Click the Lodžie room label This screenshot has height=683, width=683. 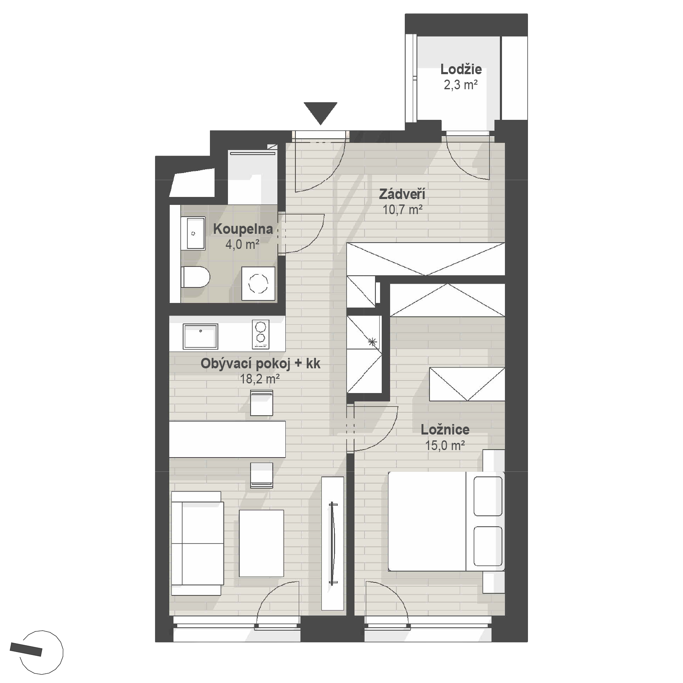point(461,69)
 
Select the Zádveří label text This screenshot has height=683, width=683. point(402,194)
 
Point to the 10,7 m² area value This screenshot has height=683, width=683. point(402,210)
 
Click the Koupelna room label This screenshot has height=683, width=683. point(243,229)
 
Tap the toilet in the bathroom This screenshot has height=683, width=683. point(195,277)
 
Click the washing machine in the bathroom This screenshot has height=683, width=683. point(259,284)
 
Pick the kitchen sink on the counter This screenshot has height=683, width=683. point(200,336)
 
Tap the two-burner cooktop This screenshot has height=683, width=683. point(261,334)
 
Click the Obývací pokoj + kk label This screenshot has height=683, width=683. point(260,364)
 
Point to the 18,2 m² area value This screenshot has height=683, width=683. point(260,379)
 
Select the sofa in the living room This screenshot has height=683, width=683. point(197,543)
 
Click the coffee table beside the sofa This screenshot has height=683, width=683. point(261,543)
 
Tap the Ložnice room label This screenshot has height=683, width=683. point(445,429)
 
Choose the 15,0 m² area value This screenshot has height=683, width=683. point(445,445)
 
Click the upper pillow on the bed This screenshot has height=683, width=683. point(488,496)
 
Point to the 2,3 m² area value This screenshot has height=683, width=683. point(461,85)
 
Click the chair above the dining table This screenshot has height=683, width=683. point(261,403)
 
